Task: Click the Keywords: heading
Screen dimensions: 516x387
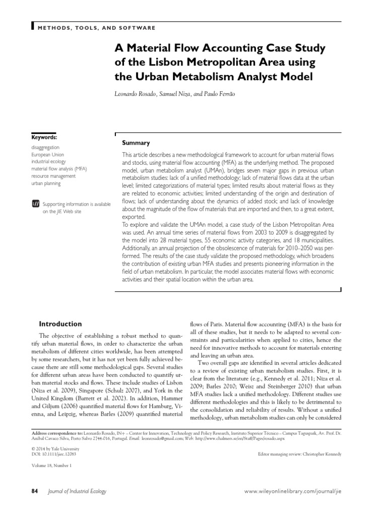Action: (44, 137)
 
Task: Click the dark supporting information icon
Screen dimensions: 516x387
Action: (35, 204)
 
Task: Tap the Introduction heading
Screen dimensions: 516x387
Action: (60, 324)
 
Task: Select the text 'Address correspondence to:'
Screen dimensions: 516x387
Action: (59, 433)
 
